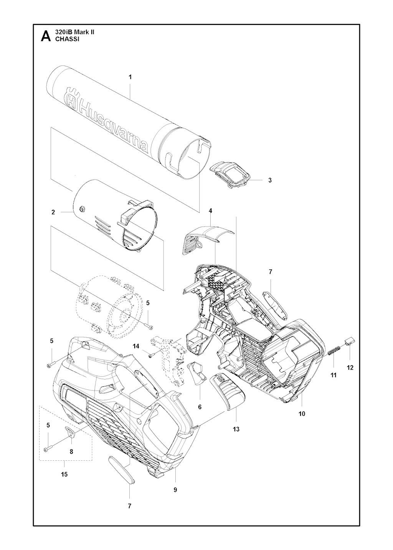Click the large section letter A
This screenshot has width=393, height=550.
pos(46,36)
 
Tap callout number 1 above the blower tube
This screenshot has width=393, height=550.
pos(130,77)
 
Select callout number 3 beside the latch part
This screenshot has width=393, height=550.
pos(270,180)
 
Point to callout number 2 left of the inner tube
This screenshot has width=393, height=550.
pos(53,212)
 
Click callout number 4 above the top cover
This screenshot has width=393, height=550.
pos(210,211)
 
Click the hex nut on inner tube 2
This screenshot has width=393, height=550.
pos(81,209)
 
